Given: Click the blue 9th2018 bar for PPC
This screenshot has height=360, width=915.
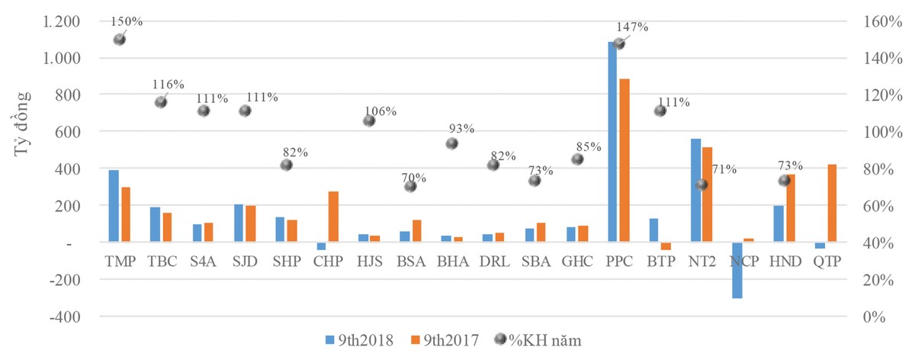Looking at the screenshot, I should (x=613, y=141).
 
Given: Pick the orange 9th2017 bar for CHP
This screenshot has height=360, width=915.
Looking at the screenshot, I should (x=332, y=217).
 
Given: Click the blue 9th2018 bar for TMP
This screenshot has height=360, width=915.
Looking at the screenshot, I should (x=114, y=206).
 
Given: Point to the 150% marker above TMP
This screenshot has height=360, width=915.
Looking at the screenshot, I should (x=119, y=40).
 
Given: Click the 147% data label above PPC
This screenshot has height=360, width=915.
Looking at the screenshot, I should (x=633, y=27).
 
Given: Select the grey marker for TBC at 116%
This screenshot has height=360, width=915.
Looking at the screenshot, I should (x=161, y=102).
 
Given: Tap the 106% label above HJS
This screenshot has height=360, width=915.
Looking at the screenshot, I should (x=380, y=111).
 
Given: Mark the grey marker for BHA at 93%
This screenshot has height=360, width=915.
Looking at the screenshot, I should (x=452, y=143).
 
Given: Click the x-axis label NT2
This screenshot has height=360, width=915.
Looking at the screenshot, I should (x=701, y=262).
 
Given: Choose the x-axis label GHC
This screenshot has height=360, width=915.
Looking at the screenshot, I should (x=576, y=262).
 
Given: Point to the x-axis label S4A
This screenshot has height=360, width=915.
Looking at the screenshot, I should (x=204, y=262).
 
